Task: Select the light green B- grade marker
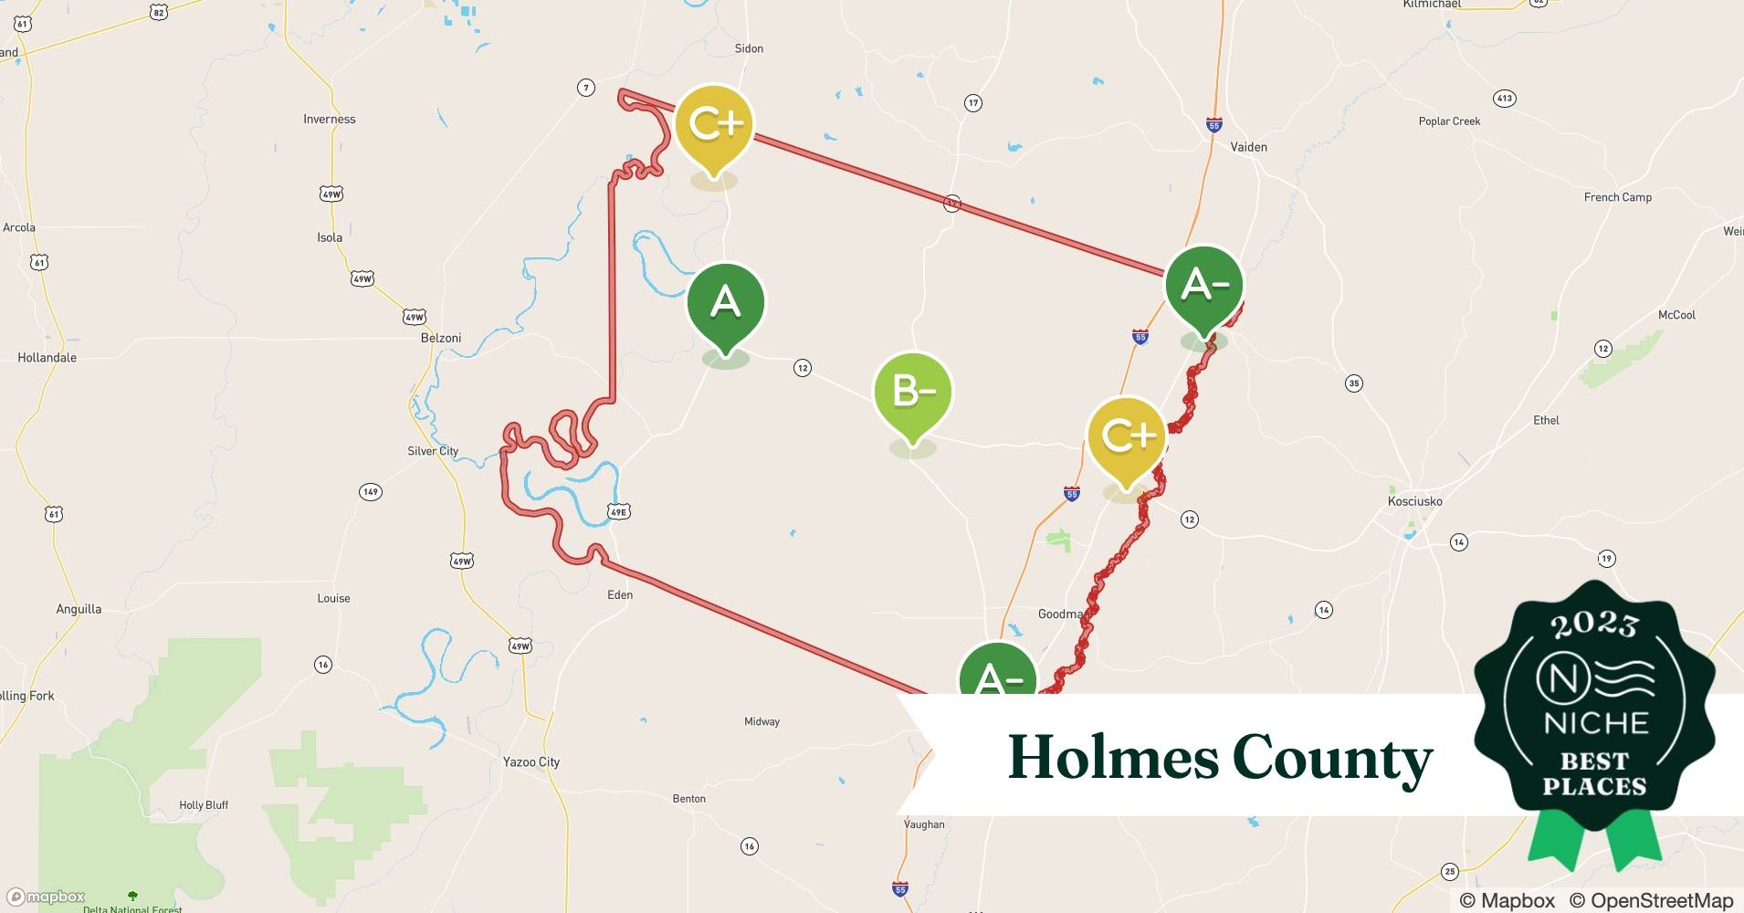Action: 912,393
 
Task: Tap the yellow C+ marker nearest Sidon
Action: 714,125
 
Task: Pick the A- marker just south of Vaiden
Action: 1204,286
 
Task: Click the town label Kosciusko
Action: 1414,501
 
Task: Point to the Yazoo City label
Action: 531,761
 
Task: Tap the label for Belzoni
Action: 441,338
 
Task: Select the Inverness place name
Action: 329,119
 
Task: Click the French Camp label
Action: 1617,197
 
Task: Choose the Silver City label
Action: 433,451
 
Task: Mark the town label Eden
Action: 620,594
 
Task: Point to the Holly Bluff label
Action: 204,804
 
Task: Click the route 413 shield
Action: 1504,98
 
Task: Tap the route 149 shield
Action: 370,492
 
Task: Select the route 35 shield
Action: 1354,383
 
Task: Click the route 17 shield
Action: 973,103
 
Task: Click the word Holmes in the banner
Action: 1113,758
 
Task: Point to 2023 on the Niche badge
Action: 1594,625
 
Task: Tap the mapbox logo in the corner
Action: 47,897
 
